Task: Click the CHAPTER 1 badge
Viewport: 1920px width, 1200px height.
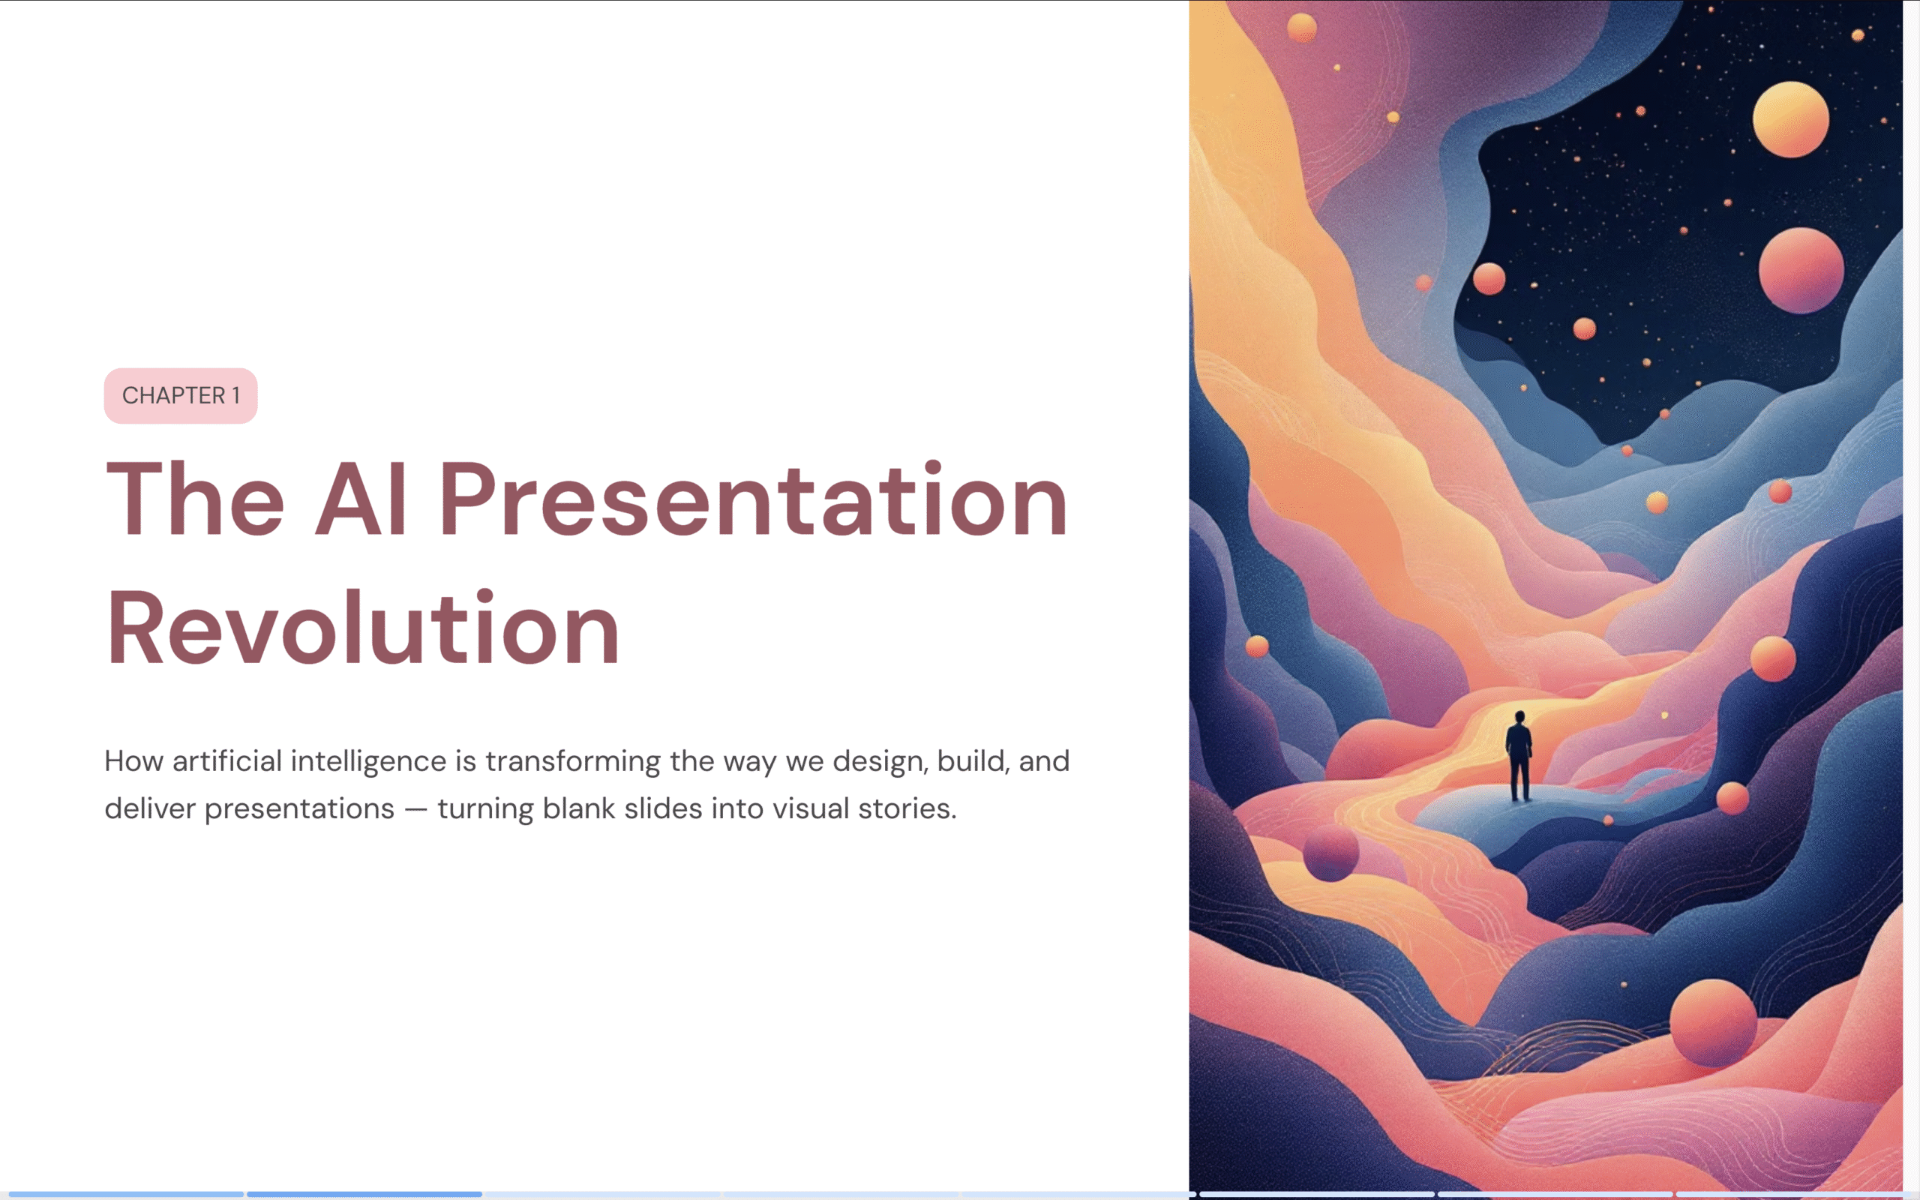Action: [181, 395]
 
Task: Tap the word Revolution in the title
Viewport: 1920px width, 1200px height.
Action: [362, 627]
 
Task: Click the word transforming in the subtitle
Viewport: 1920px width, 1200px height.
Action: [573, 761]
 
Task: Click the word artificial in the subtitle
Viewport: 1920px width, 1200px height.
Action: [227, 761]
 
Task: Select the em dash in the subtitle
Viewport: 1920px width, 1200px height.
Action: [415, 809]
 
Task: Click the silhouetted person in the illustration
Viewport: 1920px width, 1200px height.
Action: [1519, 755]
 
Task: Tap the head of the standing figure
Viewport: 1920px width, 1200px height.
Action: [1519, 717]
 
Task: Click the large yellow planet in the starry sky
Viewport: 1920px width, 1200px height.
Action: [1791, 119]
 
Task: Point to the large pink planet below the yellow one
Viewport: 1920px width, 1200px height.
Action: [1801, 271]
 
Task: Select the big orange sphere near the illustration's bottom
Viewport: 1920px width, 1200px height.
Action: [1713, 1022]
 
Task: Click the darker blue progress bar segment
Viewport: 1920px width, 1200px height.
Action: [364, 1194]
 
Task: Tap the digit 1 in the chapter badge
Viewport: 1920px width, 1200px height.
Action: [235, 395]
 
